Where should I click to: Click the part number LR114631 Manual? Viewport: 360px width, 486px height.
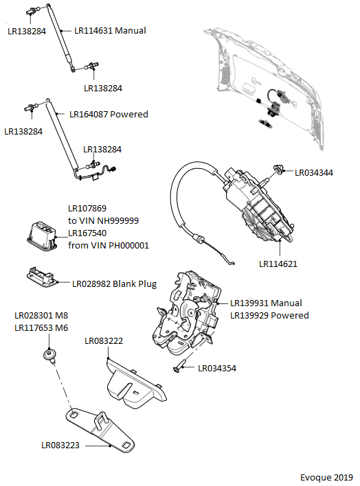(110, 31)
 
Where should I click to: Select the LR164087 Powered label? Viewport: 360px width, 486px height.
(109, 115)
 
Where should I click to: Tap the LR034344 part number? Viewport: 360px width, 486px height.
(314, 173)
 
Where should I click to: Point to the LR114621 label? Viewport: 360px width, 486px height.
(278, 264)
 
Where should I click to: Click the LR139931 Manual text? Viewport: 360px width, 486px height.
(266, 303)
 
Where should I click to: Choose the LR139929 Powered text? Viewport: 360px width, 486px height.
(269, 315)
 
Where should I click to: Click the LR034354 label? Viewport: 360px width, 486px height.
(217, 368)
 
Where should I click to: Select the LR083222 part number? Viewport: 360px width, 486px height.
(104, 341)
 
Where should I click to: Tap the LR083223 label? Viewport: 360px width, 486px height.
(60, 445)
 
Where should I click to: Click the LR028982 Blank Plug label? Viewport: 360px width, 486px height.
(114, 284)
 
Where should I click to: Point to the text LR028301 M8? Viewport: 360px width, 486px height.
(41, 316)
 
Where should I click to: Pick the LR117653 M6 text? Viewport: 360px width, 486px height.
(41, 328)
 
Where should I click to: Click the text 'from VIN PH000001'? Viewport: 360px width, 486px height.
(109, 246)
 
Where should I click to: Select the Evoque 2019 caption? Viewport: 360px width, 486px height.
(326, 477)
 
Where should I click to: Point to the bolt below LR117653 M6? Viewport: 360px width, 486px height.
(50, 356)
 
